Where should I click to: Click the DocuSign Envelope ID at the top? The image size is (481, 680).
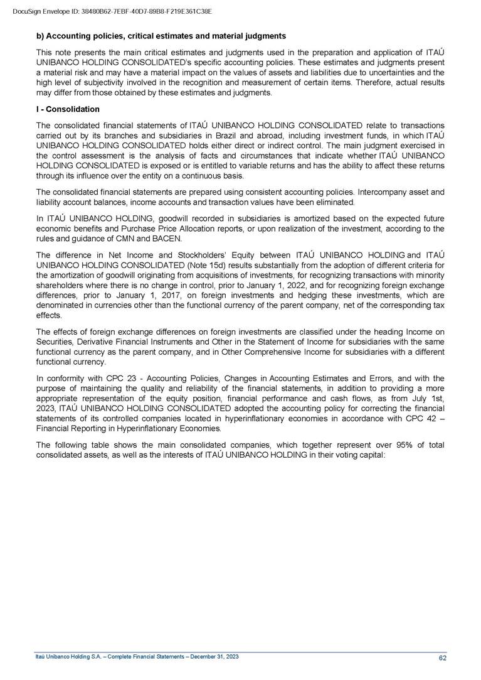pos(112,11)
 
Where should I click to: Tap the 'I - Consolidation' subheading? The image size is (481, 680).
pos(68,109)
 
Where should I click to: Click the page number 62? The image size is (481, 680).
pos(442,658)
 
